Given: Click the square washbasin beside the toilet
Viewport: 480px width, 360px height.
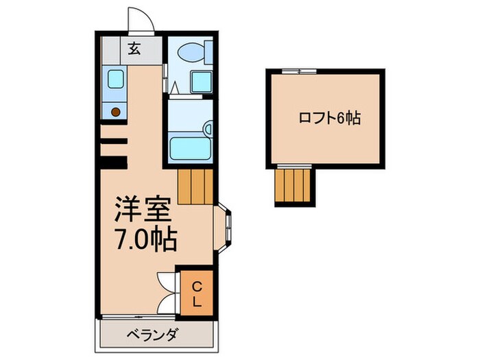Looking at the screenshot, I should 201,82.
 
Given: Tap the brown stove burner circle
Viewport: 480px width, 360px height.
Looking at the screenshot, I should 116,110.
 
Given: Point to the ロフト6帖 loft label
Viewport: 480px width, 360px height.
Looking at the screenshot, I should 329,117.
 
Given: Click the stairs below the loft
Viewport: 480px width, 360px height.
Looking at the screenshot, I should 293,185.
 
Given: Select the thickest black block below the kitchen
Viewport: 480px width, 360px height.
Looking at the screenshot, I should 114,163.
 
